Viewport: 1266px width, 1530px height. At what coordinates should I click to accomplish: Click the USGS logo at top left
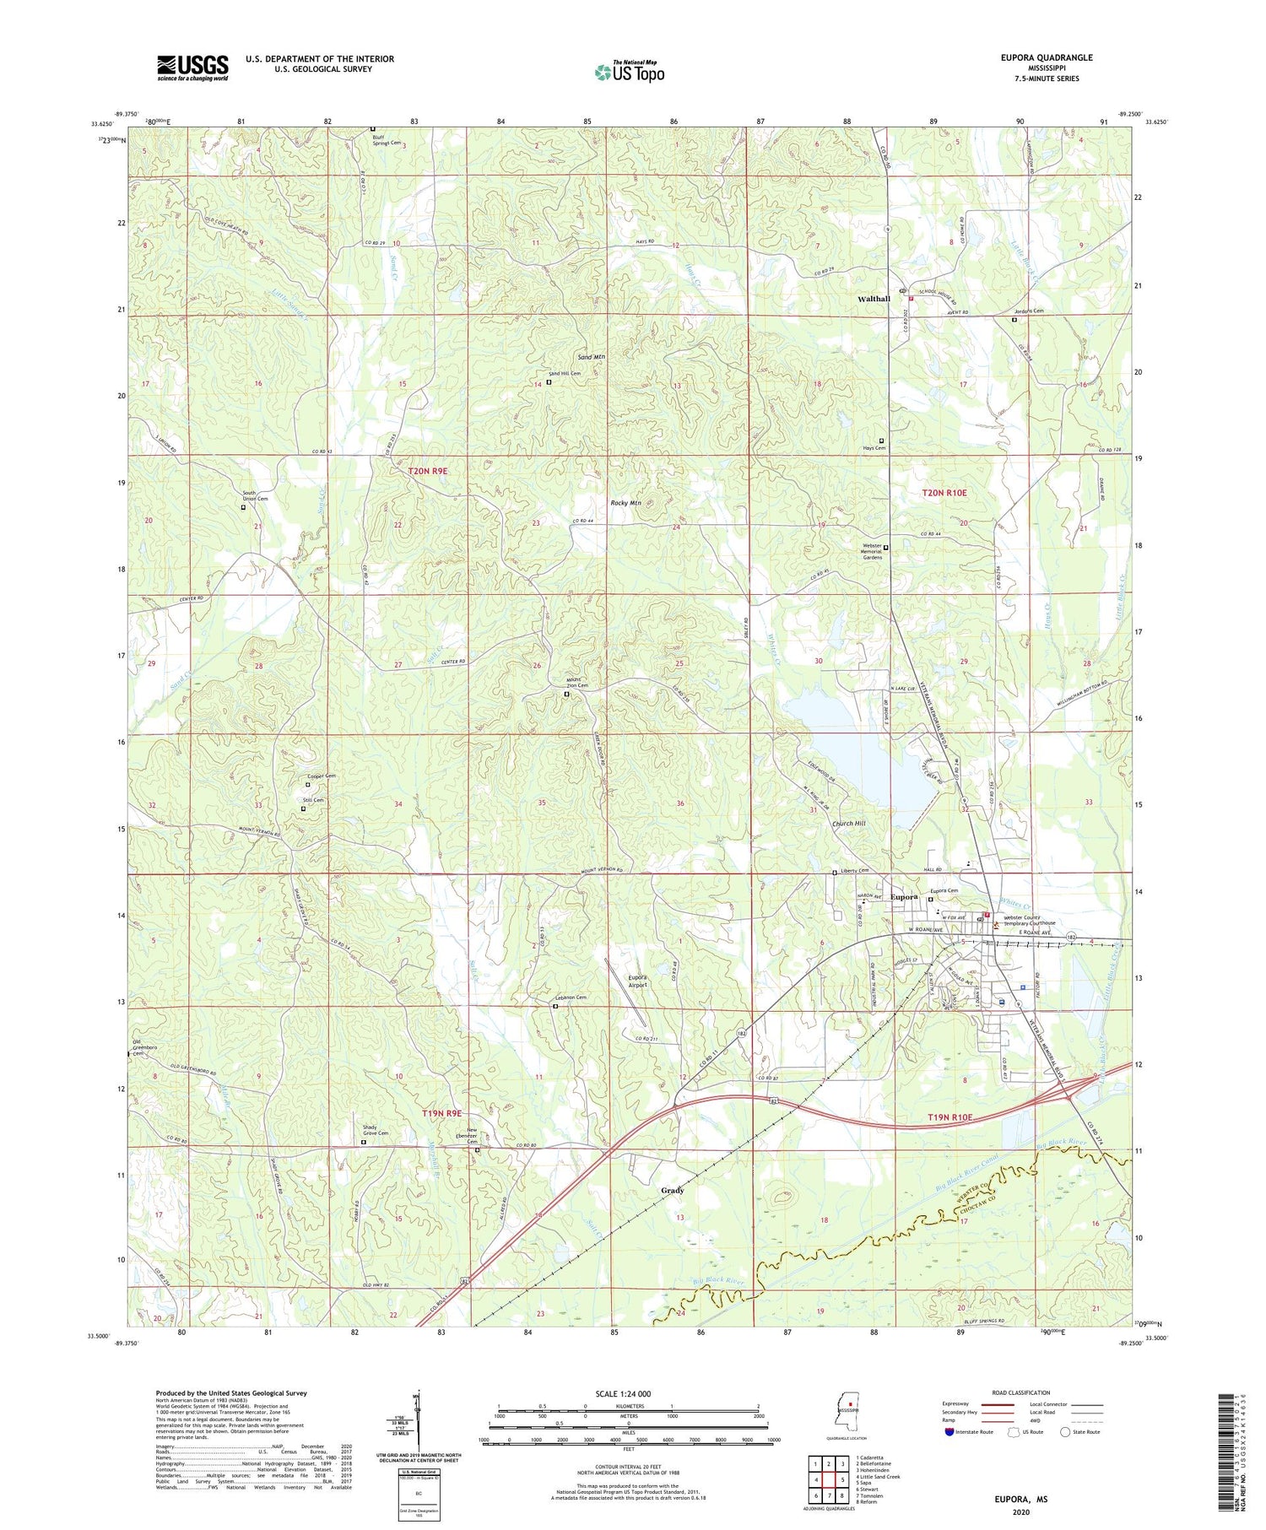tap(192, 68)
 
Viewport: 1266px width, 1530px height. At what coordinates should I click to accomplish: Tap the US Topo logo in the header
tap(629, 72)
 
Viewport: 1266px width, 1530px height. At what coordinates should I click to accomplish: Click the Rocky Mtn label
tap(625, 503)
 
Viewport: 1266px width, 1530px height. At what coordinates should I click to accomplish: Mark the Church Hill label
tap(849, 824)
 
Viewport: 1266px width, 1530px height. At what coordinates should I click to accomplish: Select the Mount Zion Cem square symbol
tap(566, 695)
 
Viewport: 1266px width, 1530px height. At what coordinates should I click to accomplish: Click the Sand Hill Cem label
tap(565, 373)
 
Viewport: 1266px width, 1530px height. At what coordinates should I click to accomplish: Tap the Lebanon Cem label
tap(570, 997)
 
